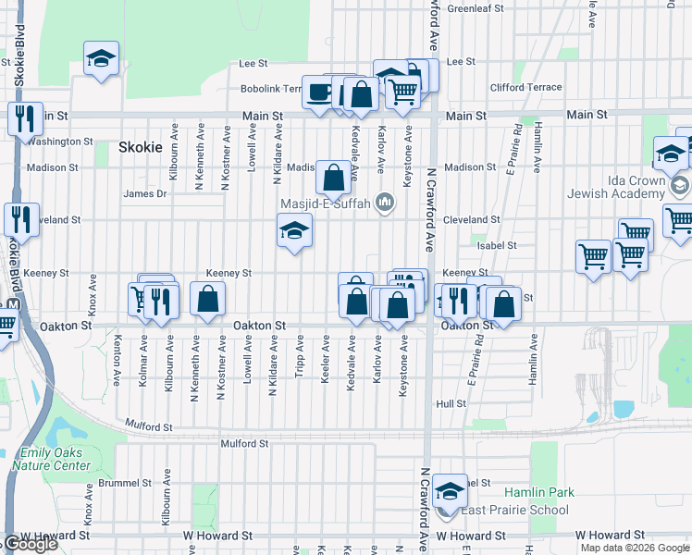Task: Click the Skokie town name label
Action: coord(141,147)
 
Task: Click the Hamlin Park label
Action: coord(539,492)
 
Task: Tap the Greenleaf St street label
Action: coord(475,8)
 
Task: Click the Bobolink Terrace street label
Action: coord(272,89)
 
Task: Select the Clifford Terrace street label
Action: coord(525,88)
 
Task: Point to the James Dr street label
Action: coord(145,194)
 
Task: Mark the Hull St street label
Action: coord(451,404)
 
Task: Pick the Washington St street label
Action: coord(59,142)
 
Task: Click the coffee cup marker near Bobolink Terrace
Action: coord(320,92)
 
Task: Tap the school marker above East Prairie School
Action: coord(449,490)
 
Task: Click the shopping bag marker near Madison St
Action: coord(333,176)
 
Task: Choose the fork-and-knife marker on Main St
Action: coord(23,117)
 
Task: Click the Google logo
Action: coord(31,544)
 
